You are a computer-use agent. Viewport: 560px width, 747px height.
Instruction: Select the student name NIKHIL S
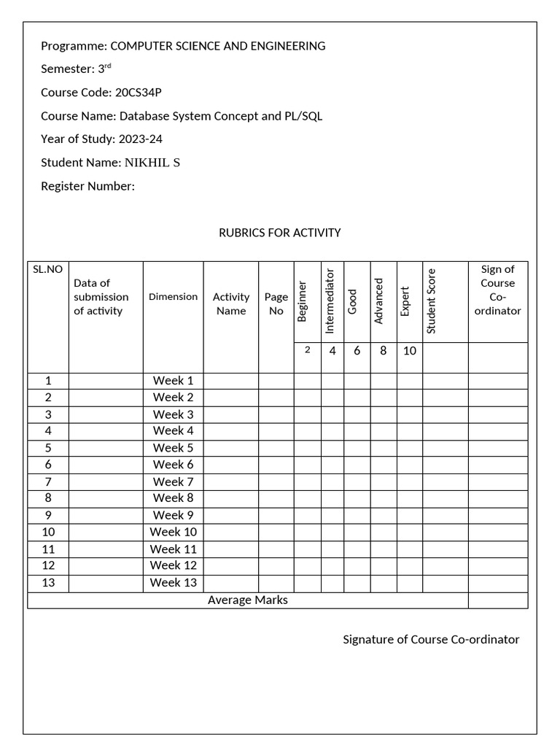pos(153,163)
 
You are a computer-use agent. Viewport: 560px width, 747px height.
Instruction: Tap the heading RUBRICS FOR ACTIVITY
pos(279,233)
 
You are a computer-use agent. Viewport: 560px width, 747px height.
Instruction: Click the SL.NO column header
pos(47,269)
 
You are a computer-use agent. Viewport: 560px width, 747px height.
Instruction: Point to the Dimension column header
pos(173,296)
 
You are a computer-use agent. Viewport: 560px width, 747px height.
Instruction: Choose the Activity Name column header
pos(231,303)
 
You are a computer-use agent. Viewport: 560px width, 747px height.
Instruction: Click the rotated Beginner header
pos(303,301)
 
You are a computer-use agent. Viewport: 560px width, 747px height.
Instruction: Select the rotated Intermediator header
pos(330,301)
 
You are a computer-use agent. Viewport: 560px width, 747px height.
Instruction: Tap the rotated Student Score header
pos(431,301)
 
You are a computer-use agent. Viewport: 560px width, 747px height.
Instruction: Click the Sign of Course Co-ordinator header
pos(498,290)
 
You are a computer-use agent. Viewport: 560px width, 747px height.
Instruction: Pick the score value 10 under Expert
pos(410,351)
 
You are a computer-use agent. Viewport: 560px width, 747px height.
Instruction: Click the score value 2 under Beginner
pos(307,350)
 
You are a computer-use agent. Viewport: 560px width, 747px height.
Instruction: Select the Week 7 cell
pos(173,481)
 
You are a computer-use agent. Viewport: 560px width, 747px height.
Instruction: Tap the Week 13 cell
pos(173,582)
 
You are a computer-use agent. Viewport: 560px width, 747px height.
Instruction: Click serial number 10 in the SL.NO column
pos(48,532)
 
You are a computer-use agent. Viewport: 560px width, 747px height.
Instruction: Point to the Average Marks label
pos(248,600)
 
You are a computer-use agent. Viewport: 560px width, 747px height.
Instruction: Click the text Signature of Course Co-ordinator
pos(431,639)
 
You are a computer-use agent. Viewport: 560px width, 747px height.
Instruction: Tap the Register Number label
pos(87,186)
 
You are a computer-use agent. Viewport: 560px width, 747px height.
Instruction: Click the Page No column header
pos(276,303)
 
